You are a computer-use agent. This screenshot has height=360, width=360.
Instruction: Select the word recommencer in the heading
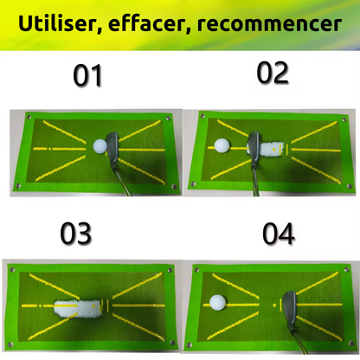coord(269,24)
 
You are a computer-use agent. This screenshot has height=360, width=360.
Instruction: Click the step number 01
coord(87,75)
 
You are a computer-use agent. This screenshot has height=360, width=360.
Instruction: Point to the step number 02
coord(273,73)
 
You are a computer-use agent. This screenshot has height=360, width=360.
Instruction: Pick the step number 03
coord(76,234)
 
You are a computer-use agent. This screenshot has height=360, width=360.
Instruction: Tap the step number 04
coord(279,234)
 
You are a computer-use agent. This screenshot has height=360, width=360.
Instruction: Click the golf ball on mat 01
coord(100,146)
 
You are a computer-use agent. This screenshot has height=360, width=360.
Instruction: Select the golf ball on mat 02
coord(222,145)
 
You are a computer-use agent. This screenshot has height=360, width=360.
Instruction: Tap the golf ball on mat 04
coord(218,302)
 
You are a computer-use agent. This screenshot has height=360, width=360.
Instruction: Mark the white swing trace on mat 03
coord(78,309)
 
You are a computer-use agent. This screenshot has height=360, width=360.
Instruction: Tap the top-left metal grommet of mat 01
coord(29,117)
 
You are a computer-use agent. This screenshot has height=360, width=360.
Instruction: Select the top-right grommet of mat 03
coord(169,271)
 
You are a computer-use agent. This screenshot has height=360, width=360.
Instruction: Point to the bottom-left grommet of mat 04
coord(190,345)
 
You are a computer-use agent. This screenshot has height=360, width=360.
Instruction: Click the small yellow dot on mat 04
coord(274,305)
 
